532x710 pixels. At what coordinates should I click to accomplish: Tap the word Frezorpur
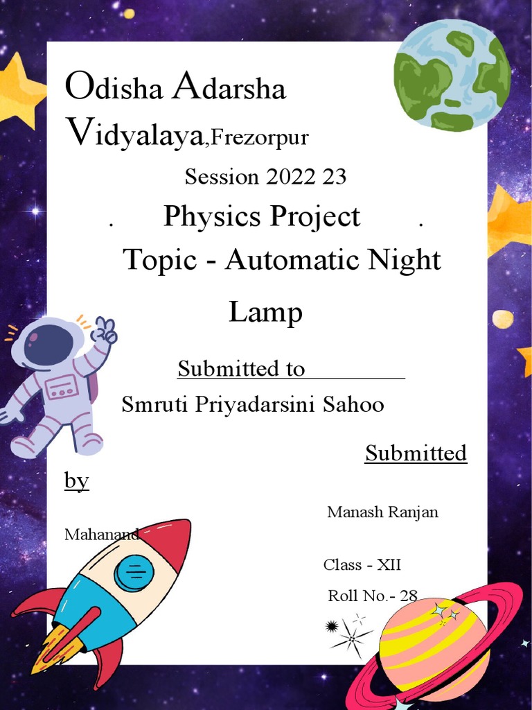click(x=259, y=138)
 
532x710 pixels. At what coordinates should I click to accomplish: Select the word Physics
click(x=211, y=217)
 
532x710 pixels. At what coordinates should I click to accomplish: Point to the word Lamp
click(x=265, y=313)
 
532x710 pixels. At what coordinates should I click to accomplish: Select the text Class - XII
click(x=362, y=565)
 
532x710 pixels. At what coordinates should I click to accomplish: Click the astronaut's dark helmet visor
click(x=48, y=344)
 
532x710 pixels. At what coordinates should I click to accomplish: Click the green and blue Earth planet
click(x=452, y=75)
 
